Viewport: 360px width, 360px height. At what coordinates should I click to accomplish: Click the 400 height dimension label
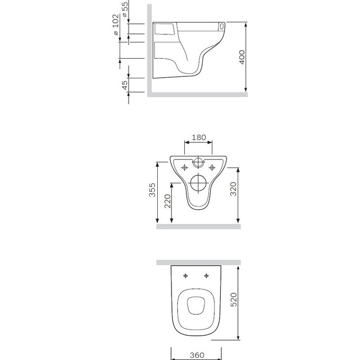[242, 57]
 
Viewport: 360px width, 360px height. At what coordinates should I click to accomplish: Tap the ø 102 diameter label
[116, 24]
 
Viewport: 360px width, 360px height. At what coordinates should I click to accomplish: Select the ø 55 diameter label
[125, 8]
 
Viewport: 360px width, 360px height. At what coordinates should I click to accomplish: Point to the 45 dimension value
[124, 85]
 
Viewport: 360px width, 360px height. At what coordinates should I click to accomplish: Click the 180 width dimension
[199, 138]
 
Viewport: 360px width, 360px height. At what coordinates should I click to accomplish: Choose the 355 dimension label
[152, 190]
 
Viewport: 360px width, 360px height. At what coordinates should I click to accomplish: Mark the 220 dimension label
[168, 201]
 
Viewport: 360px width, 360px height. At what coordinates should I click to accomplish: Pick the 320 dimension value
[233, 189]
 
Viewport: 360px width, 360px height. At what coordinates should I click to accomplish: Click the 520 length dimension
[233, 300]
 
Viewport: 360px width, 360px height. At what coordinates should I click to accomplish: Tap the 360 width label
[197, 355]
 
